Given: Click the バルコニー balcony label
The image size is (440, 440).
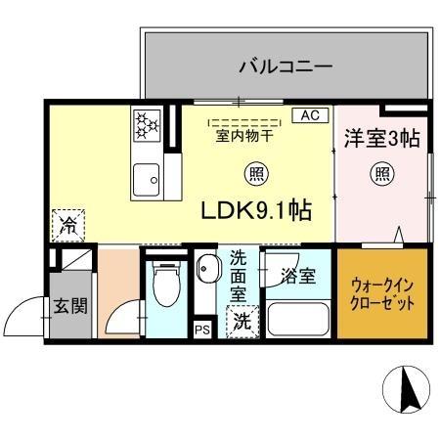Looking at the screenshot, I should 286,67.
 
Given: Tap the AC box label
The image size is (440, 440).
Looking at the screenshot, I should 309,115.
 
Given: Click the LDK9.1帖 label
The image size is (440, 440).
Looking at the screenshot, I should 256,210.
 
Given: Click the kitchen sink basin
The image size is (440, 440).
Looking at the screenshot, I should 149,179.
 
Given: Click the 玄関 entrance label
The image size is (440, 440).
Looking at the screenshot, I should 70,306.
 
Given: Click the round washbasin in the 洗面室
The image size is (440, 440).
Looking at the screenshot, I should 206,269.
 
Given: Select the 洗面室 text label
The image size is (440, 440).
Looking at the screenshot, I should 239,278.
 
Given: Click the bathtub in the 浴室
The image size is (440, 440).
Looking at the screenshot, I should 297,319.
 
